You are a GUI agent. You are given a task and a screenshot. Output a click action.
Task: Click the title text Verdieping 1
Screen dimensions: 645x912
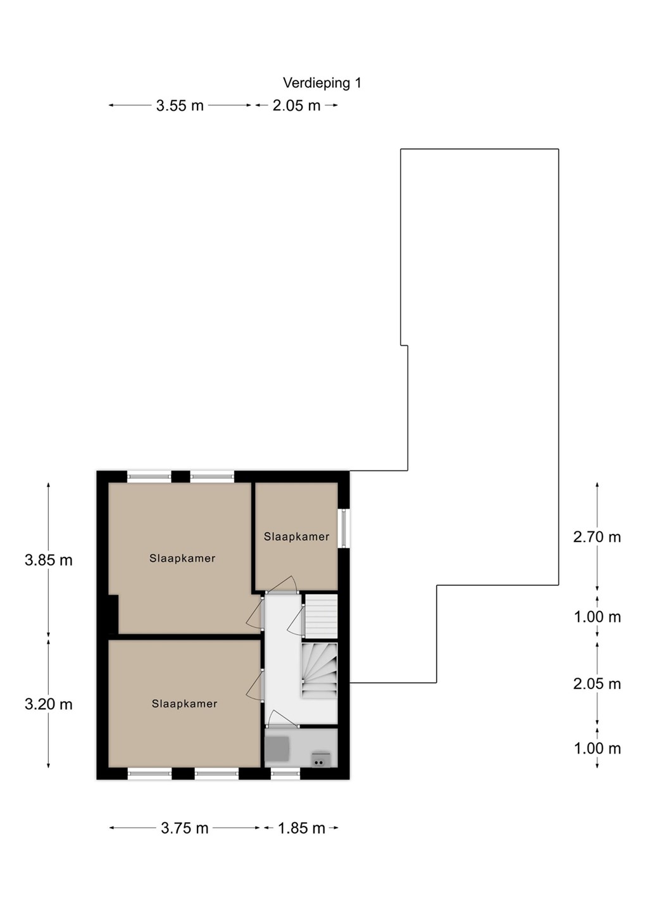322,84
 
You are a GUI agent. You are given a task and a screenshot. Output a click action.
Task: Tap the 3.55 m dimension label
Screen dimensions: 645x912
180,106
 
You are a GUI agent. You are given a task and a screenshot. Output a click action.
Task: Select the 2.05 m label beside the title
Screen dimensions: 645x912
296,106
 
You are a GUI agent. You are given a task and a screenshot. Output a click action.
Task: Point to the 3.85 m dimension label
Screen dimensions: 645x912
49,560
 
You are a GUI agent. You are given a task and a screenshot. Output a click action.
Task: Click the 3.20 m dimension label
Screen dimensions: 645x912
49,704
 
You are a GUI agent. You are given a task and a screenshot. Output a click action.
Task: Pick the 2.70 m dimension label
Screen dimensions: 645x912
597,537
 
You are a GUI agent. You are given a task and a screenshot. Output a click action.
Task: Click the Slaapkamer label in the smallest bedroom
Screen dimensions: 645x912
296,536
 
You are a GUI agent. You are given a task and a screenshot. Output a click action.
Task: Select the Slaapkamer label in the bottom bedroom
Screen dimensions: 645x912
184,704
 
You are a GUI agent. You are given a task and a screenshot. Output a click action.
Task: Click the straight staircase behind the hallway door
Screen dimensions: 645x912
322,616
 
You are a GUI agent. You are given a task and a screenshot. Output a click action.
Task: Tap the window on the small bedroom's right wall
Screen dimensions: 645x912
344,528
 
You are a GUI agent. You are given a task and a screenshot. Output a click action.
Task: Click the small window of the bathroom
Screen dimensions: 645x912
285,773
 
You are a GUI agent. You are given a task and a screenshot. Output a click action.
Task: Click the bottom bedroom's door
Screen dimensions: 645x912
255,687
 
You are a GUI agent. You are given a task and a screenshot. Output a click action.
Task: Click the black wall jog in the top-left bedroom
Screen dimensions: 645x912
113,614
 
